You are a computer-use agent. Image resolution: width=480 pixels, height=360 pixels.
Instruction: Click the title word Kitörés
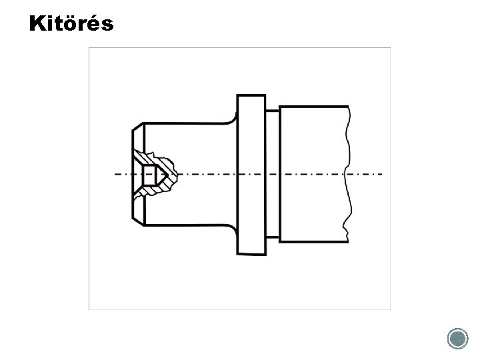(x=71, y=23)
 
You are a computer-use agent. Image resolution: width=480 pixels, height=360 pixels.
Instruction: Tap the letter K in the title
(x=37, y=23)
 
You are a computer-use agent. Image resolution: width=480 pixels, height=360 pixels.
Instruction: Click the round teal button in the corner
(x=457, y=339)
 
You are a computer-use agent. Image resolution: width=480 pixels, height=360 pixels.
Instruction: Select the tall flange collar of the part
(x=251, y=175)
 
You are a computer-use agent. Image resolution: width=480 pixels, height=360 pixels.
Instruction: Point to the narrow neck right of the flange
(x=273, y=174)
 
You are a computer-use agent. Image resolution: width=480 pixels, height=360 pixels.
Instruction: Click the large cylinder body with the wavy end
(x=315, y=174)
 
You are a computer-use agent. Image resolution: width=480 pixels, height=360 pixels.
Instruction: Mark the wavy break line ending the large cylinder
(x=348, y=174)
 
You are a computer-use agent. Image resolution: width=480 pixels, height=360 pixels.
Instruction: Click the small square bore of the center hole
(x=150, y=175)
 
